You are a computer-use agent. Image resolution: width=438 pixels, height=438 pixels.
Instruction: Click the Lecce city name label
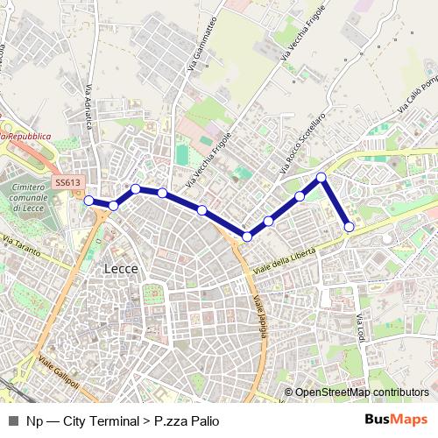point(121,269)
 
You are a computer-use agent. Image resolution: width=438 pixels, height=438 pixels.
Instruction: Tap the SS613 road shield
point(67,182)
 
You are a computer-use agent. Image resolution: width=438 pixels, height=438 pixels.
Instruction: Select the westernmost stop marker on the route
point(88,200)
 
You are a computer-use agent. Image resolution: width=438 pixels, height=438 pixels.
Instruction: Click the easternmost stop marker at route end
point(350,227)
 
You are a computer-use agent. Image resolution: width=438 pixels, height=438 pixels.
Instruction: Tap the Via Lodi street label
point(360,328)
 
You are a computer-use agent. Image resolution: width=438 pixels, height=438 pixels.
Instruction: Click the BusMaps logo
point(397,420)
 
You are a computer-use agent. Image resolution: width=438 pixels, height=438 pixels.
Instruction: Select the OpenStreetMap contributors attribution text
point(361,392)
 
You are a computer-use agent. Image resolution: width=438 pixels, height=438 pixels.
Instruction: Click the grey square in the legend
point(13,420)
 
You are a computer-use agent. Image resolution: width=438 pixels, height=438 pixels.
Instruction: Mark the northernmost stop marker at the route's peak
point(321,178)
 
